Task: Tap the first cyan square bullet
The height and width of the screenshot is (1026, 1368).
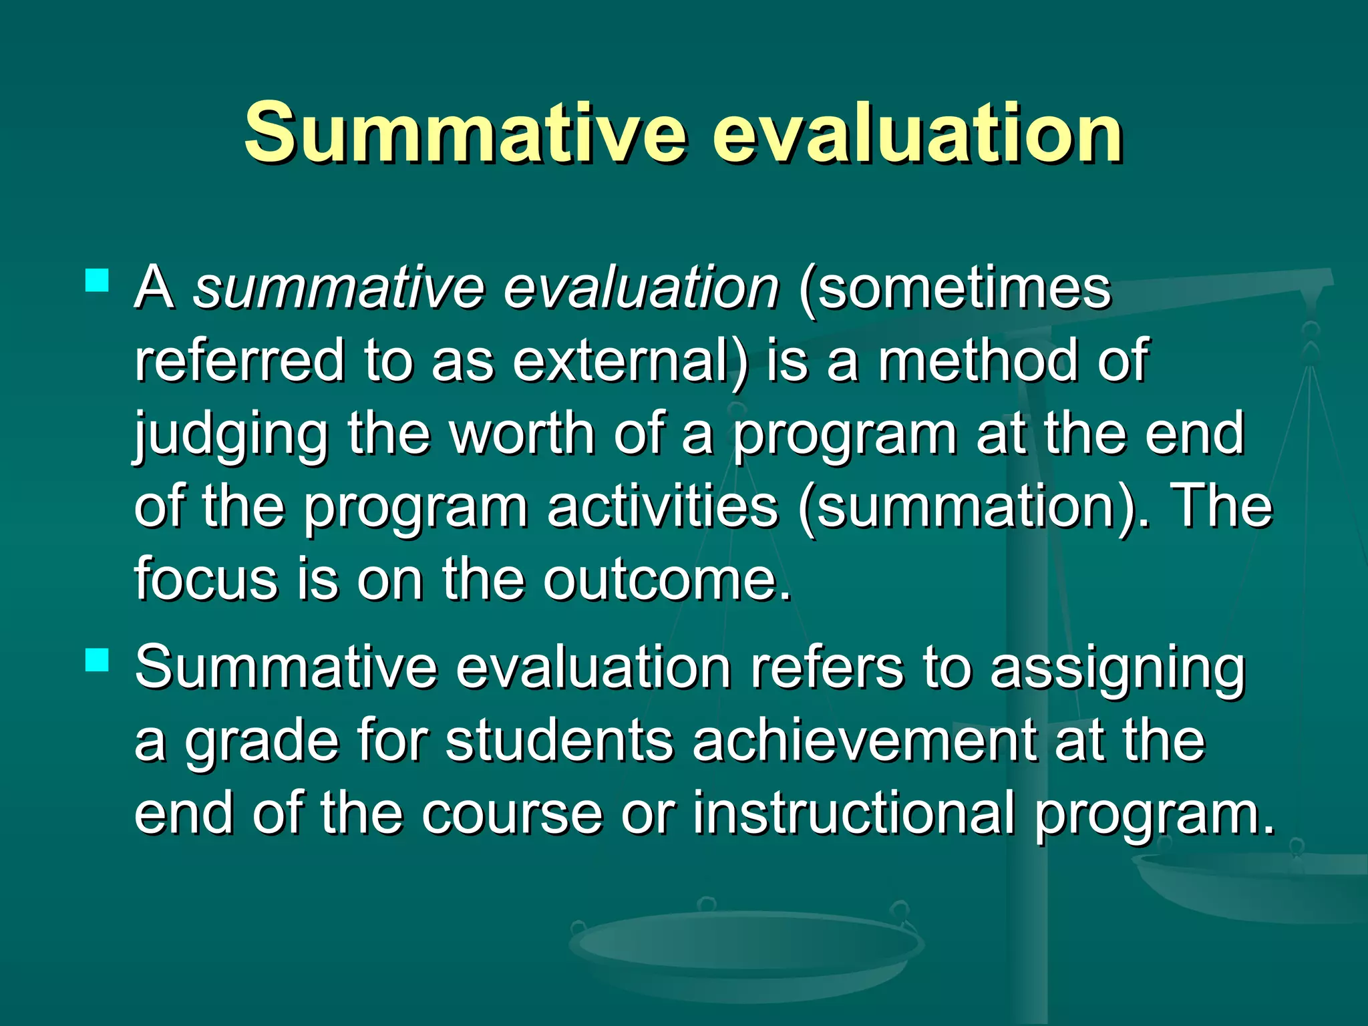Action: (x=98, y=280)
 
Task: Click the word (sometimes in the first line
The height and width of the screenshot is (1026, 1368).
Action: (x=955, y=289)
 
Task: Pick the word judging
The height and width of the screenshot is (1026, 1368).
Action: (x=231, y=436)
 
